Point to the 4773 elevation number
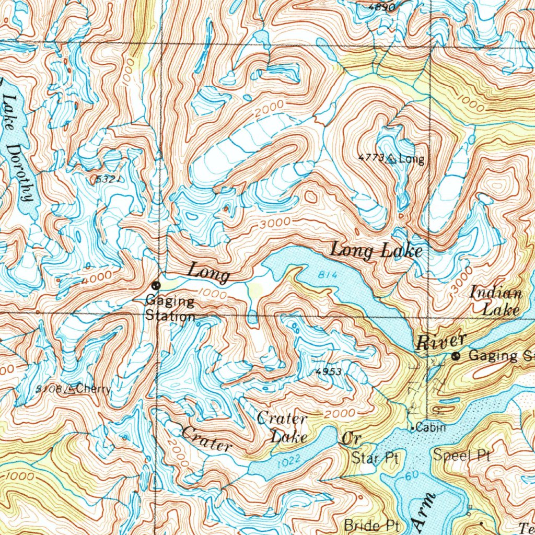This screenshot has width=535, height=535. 371,157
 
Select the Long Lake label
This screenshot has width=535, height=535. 376,251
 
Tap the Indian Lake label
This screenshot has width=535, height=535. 496,301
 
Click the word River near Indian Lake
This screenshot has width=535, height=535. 441,342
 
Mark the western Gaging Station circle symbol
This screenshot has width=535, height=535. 156,285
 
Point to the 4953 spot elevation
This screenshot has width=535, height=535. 329,372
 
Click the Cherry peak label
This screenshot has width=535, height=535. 95,389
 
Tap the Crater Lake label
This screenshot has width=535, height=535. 282,427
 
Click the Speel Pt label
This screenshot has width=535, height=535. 461,456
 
